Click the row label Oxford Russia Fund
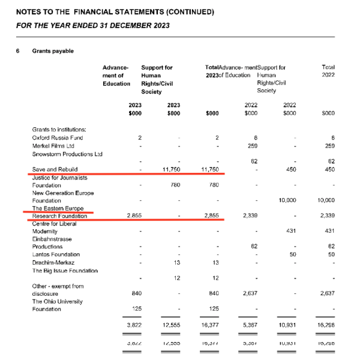[56, 137]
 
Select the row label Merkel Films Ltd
[53, 145]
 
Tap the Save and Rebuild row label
[55, 170]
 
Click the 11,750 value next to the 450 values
[214, 170]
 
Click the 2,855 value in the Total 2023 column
[213, 215]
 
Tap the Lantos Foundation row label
[57, 254]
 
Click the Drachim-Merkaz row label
[53, 263]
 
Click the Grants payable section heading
[53, 51]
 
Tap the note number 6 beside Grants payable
[18, 51]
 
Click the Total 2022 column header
[328, 71]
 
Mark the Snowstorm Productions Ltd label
[68, 154]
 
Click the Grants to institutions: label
[59, 129]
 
